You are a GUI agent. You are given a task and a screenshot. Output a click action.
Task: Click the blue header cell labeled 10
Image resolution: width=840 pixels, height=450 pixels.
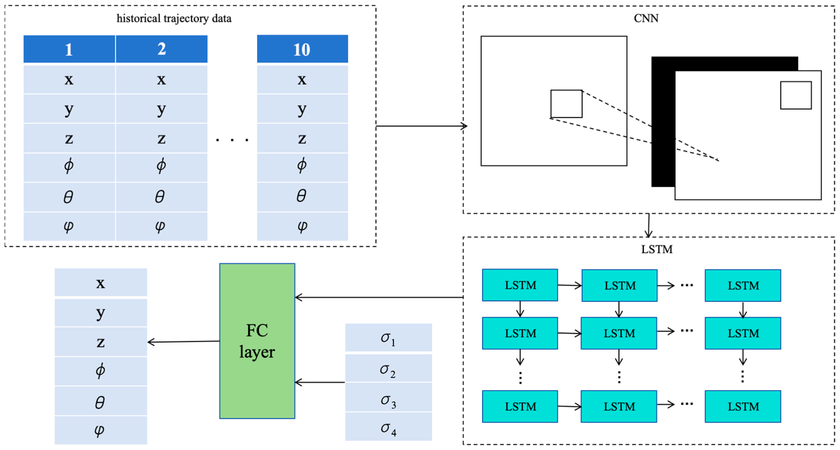click(x=302, y=49)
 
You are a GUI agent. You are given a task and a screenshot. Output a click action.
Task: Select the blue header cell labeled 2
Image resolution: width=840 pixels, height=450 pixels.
click(x=161, y=49)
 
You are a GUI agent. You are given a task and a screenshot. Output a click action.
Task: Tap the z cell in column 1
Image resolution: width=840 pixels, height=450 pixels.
click(x=69, y=138)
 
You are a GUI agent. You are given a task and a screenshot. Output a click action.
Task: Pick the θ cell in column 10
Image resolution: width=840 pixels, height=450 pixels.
click(x=302, y=197)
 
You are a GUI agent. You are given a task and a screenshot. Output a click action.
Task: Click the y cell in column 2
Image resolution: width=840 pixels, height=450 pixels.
click(x=161, y=109)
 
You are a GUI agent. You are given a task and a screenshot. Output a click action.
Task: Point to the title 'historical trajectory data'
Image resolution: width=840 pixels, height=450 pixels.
click(x=174, y=18)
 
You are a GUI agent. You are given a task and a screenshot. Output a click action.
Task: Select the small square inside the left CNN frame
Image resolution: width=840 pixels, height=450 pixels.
click(x=566, y=104)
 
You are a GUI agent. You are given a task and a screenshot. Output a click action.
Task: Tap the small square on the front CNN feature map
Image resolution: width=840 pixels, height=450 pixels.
click(x=796, y=95)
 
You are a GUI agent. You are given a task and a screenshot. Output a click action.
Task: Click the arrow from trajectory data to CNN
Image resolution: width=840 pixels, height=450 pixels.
click(x=421, y=126)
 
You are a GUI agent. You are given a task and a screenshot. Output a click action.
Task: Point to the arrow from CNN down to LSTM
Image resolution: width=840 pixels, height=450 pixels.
click(x=649, y=225)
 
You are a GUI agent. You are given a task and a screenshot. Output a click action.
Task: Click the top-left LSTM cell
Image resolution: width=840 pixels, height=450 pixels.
click(x=520, y=285)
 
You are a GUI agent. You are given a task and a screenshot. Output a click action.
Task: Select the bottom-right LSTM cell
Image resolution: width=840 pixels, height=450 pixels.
click(x=742, y=406)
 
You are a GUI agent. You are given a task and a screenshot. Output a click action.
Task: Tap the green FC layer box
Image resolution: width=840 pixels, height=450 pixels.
click(x=257, y=341)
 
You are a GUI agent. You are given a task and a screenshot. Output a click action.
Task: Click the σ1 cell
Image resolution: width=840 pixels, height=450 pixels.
click(x=388, y=337)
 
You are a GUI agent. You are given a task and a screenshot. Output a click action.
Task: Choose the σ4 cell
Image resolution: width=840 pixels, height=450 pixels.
click(x=388, y=427)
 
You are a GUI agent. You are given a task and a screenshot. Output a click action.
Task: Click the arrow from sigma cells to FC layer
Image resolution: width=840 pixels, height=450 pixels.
click(x=320, y=382)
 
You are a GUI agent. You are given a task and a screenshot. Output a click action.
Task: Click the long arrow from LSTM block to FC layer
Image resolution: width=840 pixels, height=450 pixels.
click(x=378, y=297)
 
